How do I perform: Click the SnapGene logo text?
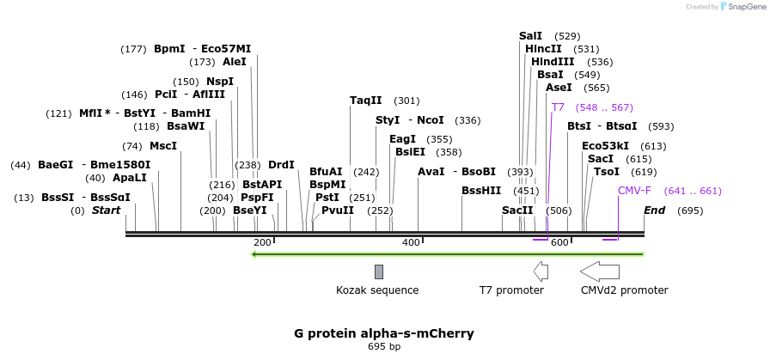click(x=743, y=7)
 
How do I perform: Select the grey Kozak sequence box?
click(x=378, y=272)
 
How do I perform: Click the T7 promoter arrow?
click(x=541, y=272)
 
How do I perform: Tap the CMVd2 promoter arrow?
click(x=600, y=272)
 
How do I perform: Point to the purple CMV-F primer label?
click(x=634, y=191)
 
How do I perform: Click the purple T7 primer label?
click(x=558, y=107)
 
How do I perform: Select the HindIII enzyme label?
click(x=553, y=62)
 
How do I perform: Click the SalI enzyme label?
click(x=530, y=36)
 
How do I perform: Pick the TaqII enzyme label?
click(x=365, y=101)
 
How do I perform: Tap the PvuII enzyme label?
click(x=337, y=211)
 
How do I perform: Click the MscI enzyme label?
click(x=163, y=146)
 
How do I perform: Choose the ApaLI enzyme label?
click(x=129, y=178)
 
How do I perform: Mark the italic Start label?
click(x=107, y=211)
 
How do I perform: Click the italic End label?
click(x=654, y=211)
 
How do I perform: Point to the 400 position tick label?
click(x=412, y=243)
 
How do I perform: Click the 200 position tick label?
click(x=262, y=243)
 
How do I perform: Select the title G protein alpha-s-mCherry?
click(x=383, y=333)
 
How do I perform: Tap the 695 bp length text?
click(x=383, y=347)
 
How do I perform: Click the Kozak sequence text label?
click(x=377, y=290)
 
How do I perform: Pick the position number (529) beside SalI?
click(x=567, y=36)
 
